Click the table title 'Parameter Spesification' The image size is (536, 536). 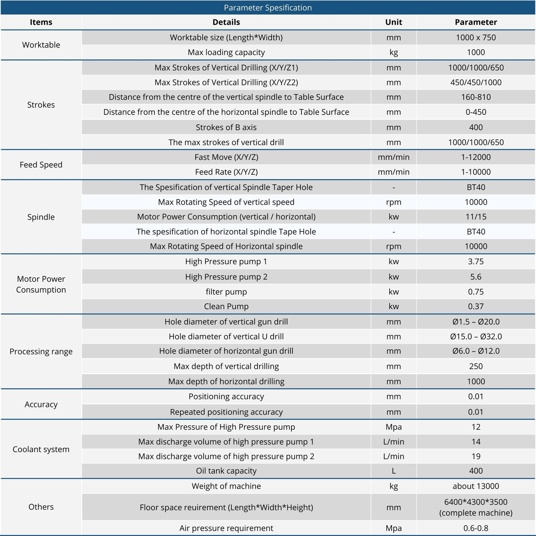[268, 8]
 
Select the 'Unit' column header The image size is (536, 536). [394, 22]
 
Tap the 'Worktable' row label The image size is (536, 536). [41, 45]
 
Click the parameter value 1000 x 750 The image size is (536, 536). [476, 38]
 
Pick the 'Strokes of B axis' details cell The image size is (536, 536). [226, 127]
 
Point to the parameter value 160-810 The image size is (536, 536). [476, 97]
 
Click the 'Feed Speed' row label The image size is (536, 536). [41, 164]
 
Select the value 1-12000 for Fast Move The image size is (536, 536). [476, 157]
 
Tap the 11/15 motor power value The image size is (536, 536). [476, 217]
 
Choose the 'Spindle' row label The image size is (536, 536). [41, 217]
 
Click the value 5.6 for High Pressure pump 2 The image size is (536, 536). [476, 277]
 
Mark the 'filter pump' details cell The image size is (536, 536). [226, 292]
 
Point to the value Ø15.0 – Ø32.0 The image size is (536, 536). [476, 336]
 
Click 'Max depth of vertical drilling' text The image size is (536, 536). [226, 366]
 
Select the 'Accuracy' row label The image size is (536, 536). [41, 404]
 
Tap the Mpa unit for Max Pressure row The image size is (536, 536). [394, 427]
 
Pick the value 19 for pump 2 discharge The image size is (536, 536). [476, 456]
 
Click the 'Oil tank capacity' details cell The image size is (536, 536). [226, 471]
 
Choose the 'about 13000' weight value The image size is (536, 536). [476, 486]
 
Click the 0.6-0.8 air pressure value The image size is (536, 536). [476, 528]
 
